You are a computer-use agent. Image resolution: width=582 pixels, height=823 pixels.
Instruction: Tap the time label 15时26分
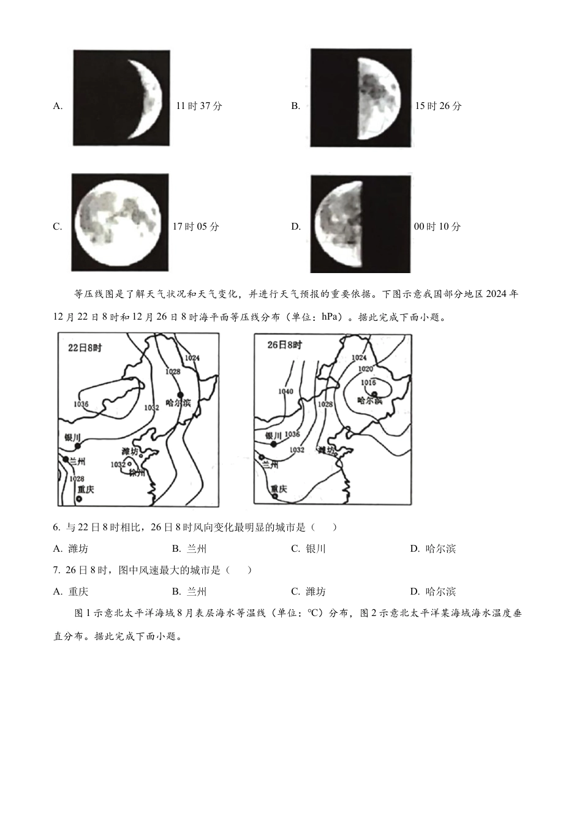pyautogui.click(x=438, y=106)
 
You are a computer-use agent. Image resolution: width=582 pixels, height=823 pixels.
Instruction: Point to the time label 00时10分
pyautogui.click(x=437, y=227)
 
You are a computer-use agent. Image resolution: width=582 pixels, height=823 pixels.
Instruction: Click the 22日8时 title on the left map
pyautogui.click(x=85, y=348)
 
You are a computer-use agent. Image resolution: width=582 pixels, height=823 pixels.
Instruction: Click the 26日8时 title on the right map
pyautogui.click(x=285, y=345)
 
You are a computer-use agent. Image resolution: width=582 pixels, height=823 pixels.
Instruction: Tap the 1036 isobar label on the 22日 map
pyautogui.click(x=81, y=404)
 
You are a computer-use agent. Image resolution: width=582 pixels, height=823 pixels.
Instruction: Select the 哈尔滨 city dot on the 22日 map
pyautogui.click(x=180, y=394)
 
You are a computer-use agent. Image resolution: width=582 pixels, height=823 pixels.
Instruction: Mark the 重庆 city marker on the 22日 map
pyautogui.click(x=79, y=500)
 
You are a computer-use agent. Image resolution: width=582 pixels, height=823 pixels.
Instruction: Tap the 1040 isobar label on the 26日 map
pyautogui.click(x=286, y=391)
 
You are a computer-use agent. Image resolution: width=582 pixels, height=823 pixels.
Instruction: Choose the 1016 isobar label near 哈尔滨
pyautogui.click(x=368, y=383)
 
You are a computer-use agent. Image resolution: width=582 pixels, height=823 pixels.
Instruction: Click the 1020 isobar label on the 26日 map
pyautogui.click(x=365, y=369)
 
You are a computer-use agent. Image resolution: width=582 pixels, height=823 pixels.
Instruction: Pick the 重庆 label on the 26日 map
pyautogui.click(x=279, y=488)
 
